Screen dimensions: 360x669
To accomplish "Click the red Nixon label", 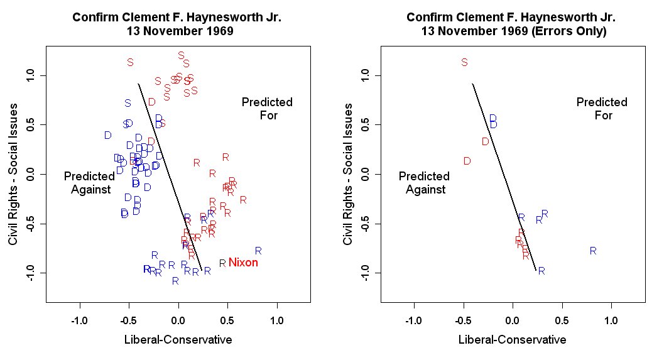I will tap(243, 263).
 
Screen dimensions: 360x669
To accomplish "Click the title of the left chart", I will tap(177, 25).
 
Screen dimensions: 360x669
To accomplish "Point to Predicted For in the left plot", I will tap(268, 108).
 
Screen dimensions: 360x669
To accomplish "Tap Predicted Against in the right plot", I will tap(424, 183).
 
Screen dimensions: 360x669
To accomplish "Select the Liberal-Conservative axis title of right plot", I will tap(512, 340).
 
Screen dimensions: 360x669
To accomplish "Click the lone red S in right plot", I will tap(464, 62).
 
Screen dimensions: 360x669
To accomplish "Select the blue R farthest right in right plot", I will tap(592, 251).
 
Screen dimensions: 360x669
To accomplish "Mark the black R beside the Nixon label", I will tap(222, 263).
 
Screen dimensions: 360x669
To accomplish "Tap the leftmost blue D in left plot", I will tap(107, 135).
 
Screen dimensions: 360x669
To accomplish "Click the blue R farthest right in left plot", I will tap(258, 251).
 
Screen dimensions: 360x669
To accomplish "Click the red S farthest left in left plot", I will tap(130, 62).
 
